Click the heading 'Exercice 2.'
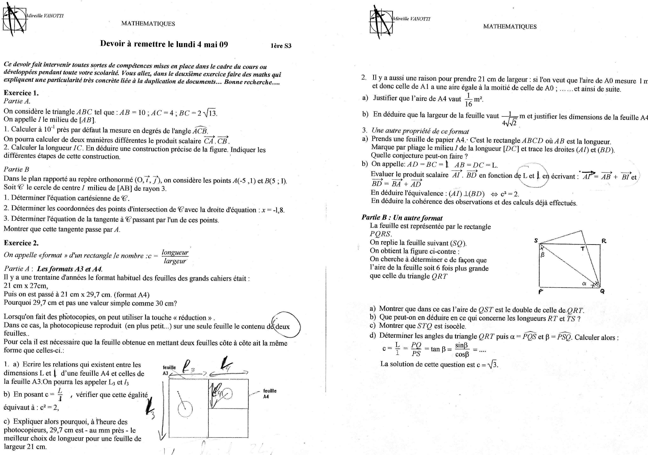(x=21, y=243)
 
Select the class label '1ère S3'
(x=281, y=46)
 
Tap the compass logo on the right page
(x=381, y=22)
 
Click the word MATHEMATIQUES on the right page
(x=510, y=27)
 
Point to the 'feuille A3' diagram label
(x=169, y=370)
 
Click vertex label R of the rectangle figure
(x=604, y=241)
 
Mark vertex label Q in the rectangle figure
(x=602, y=291)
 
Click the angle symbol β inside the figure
(x=542, y=255)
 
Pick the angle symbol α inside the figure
(x=584, y=284)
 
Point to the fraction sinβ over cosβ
(x=462, y=349)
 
